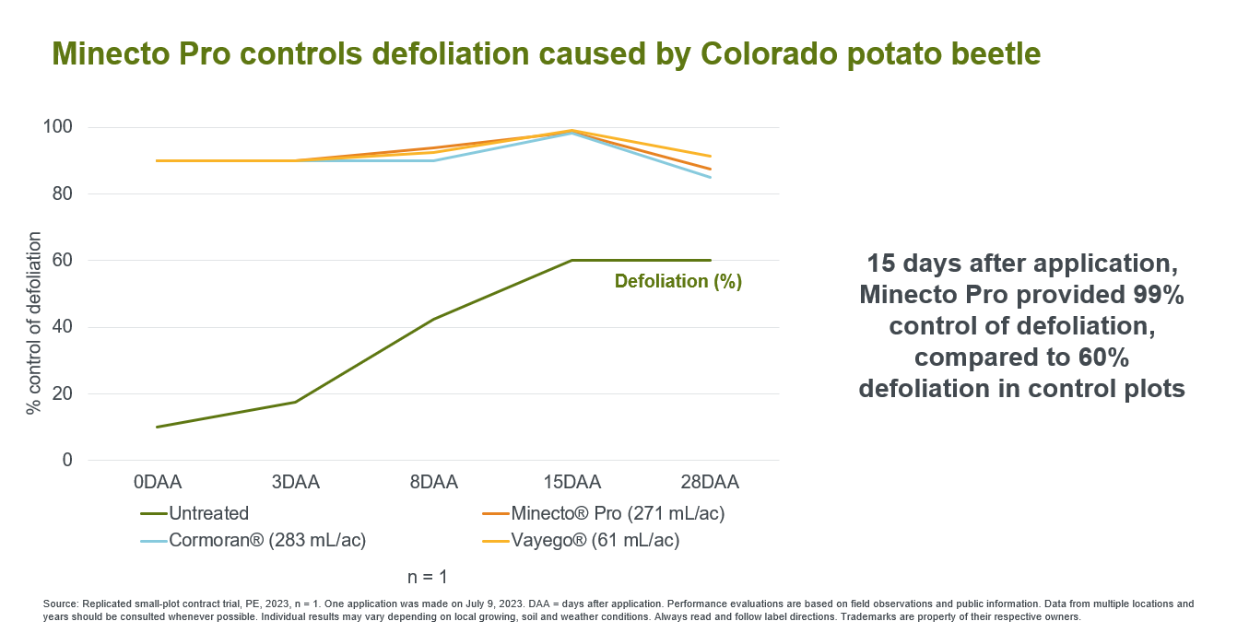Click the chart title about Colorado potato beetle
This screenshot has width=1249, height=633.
547,54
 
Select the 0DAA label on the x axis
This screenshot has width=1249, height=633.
158,482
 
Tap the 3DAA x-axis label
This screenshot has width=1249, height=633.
296,482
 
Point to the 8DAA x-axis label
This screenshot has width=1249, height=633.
434,482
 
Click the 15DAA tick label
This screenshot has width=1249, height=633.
572,482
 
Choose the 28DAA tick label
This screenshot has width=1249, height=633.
711,482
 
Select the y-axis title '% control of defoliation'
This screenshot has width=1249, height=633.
34,323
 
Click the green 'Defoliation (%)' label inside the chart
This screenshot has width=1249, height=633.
678,282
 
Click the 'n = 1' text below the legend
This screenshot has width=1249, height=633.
428,578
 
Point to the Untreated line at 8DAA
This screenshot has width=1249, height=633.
434,320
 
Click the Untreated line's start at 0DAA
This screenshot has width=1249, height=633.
158,427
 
